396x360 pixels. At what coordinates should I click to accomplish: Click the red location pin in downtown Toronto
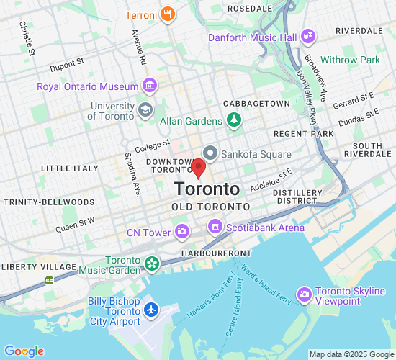click(199, 168)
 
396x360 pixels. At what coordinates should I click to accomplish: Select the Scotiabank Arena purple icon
click(215, 228)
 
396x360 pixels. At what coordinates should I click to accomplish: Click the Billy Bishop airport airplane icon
click(151, 309)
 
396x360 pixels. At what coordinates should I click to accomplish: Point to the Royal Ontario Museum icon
click(150, 86)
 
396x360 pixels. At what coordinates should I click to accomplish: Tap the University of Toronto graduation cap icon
click(145, 110)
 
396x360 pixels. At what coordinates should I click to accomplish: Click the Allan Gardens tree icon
click(233, 120)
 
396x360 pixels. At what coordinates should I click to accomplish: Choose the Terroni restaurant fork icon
click(167, 14)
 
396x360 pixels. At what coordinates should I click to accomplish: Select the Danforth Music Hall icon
click(308, 35)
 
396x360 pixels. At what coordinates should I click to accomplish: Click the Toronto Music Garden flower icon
click(152, 264)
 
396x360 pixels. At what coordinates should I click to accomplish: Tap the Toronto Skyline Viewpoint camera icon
click(304, 294)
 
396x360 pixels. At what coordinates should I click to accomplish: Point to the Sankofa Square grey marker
click(210, 153)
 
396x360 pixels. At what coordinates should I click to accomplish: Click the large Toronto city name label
click(207, 189)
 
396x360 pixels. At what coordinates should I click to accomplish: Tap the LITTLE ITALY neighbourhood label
click(69, 168)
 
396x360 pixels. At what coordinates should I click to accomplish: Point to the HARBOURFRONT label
click(216, 253)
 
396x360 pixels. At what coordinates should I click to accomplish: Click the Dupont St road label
click(70, 67)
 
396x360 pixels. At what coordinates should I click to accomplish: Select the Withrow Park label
click(351, 60)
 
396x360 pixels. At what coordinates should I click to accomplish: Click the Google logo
click(24, 351)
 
